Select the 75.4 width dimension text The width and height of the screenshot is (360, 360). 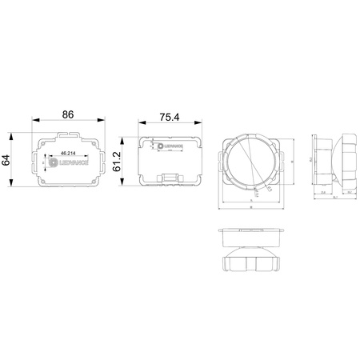169,117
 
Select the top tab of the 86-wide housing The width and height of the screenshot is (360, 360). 69,131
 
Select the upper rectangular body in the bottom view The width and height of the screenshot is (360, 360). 252,234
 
